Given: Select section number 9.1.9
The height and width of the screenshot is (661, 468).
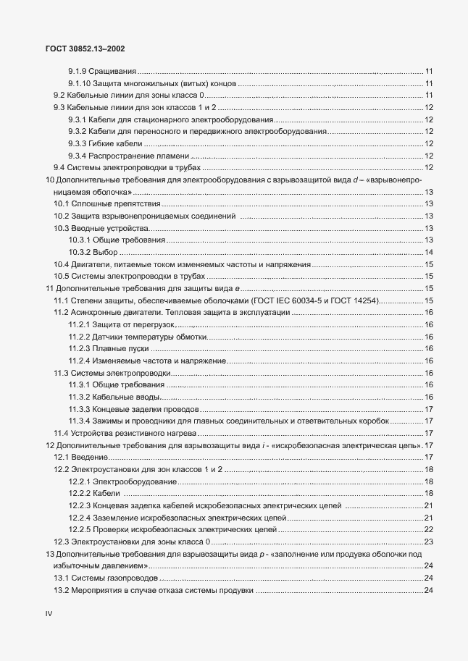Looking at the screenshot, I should click(78, 71).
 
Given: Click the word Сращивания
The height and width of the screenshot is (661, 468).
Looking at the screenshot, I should click(112, 71).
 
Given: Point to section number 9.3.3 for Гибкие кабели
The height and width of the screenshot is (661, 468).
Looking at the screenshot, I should click(78, 143).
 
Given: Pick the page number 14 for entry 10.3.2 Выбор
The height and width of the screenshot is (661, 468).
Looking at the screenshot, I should click(428, 252).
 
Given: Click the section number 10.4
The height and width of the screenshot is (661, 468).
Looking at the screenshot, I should click(62, 264).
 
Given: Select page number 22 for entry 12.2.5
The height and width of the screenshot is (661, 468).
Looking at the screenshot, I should click(428, 530).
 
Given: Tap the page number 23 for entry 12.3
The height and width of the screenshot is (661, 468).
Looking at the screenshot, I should click(428, 542).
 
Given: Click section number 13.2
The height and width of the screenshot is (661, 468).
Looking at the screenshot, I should click(62, 590).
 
